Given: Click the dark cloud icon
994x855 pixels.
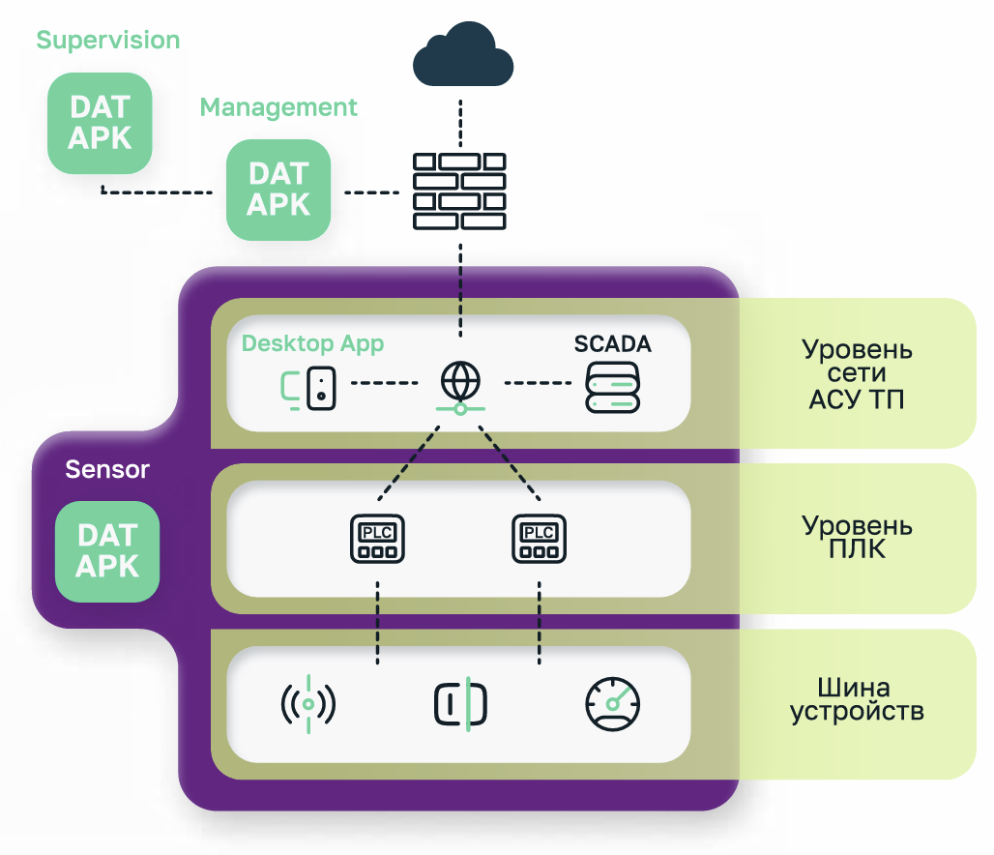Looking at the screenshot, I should (462, 57).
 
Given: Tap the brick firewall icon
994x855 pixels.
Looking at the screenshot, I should (459, 192).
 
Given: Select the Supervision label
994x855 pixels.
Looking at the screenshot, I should (108, 41).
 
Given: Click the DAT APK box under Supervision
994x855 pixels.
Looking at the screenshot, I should (100, 124).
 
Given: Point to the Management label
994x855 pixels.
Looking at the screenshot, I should (278, 107).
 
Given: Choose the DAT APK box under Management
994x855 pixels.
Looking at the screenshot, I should (278, 190).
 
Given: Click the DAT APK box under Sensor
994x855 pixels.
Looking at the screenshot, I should (106, 551).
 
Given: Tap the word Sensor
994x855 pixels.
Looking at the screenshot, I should (107, 470).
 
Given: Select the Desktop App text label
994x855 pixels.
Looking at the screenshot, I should (312, 343).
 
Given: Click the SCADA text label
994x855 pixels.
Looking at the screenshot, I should (612, 344).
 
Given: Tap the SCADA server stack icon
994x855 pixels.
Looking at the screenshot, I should (613, 388).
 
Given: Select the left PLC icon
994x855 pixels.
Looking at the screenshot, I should (376, 539).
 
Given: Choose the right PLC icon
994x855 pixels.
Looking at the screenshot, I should (539, 539).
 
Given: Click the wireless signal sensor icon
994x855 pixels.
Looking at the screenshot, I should (307, 705).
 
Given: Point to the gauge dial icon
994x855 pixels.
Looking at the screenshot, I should (613, 704).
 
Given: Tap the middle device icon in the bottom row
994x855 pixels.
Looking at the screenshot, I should (460, 705).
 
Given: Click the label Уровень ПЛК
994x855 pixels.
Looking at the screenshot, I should (857, 538).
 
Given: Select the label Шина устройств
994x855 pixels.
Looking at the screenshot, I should (857, 701).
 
